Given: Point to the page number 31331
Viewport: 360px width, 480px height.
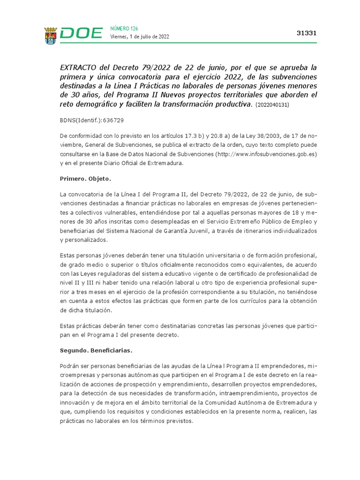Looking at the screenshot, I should coord(307,33).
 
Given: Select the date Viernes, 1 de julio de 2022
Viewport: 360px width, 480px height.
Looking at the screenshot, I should coord(140,37).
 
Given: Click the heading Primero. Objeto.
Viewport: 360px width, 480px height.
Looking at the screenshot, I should coord(85,179).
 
